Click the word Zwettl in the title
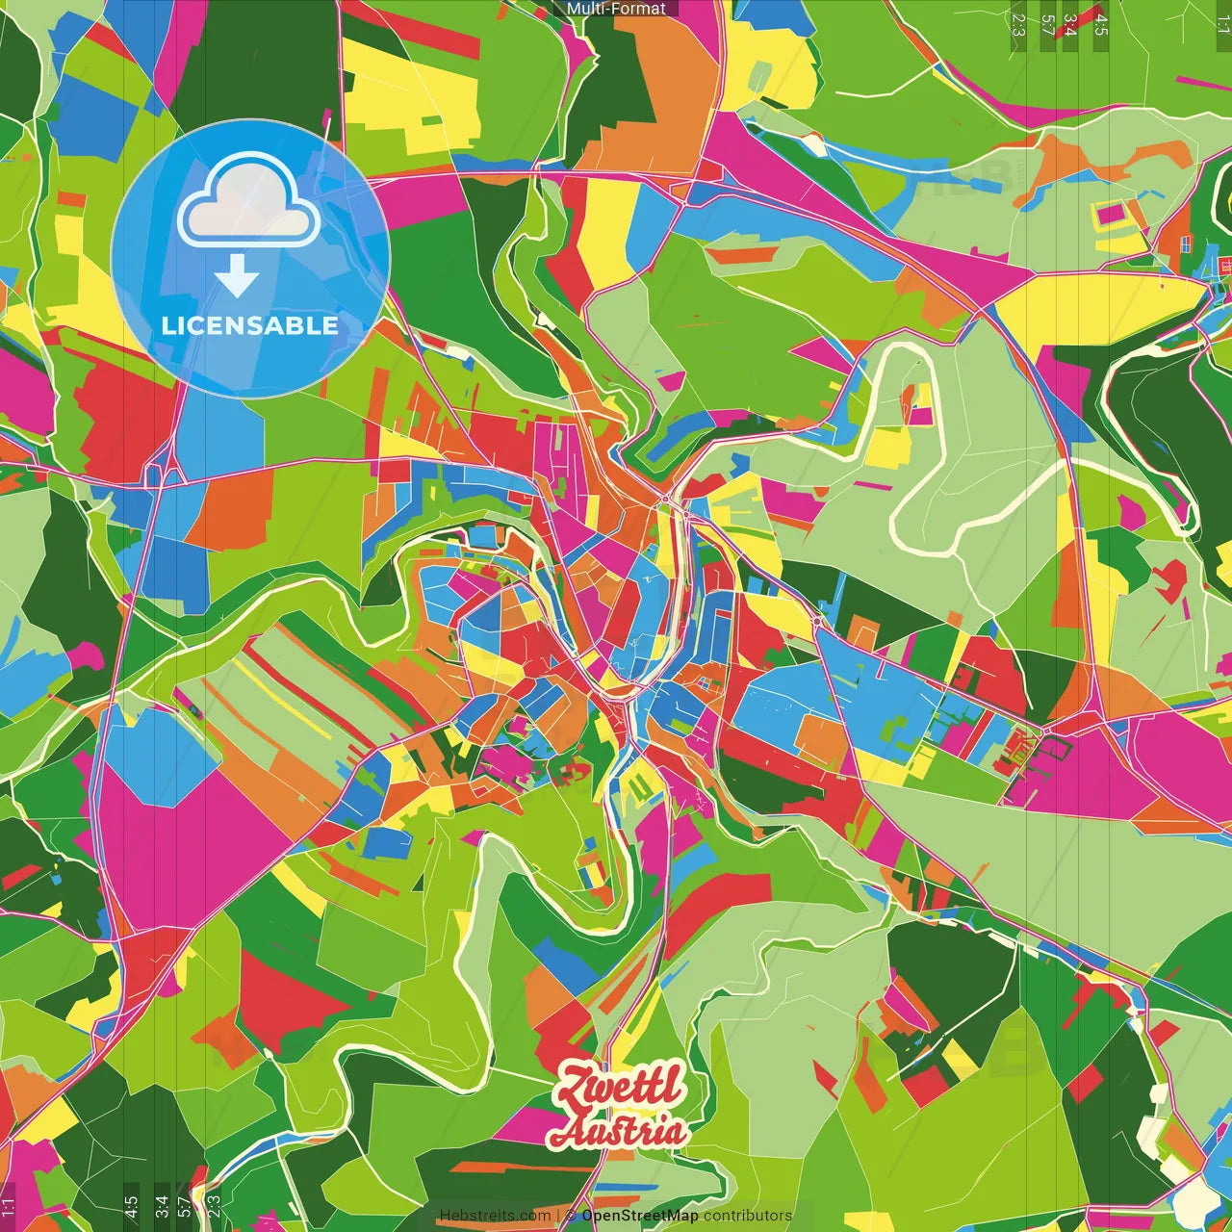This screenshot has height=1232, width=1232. point(622,1088)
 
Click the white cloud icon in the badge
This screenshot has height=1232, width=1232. point(248,200)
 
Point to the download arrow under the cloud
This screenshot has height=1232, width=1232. point(237,276)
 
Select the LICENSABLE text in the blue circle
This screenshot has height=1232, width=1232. point(249,325)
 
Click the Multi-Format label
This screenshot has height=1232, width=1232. point(616,9)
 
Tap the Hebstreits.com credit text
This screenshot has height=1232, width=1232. point(495,1216)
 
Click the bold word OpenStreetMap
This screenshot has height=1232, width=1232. point(640,1216)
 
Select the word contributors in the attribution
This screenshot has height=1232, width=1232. point(748,1216)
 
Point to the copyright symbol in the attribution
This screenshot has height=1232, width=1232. point(571,1216)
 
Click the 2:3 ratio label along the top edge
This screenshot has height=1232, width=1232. point(1018,24)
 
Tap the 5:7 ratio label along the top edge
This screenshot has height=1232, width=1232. point(1047,24)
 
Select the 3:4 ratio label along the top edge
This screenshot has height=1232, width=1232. point(1070,24)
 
